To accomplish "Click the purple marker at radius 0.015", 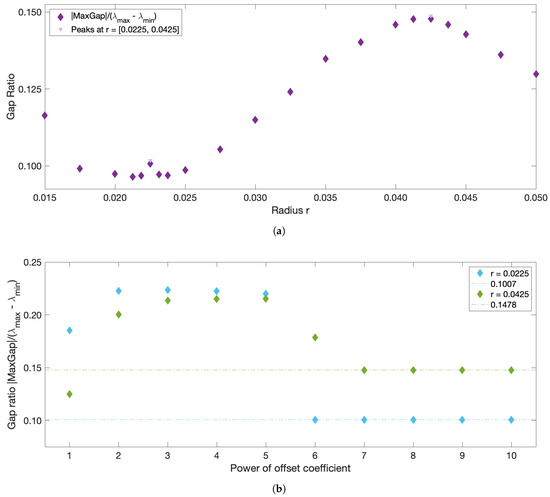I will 45,116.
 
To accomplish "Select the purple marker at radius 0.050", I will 536,74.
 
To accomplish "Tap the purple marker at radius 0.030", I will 255,120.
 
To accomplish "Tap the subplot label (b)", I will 289,487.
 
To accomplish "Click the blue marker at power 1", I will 69,330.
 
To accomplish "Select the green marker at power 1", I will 69,394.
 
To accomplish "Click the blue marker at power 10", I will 512,420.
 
